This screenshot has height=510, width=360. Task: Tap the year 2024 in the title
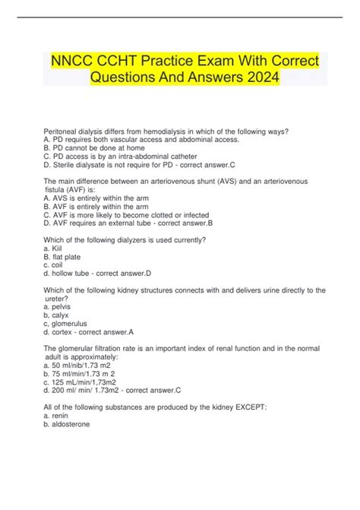click(253, 78)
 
